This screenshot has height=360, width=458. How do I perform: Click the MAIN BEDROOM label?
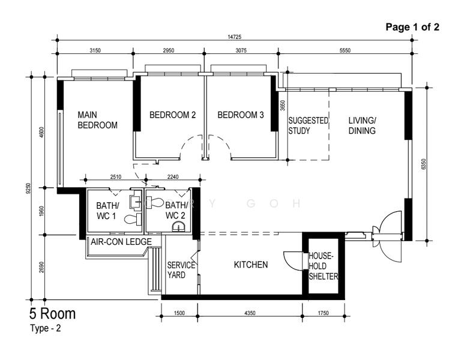[x=97, y=120]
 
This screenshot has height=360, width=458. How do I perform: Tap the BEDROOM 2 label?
[x=172, y=115]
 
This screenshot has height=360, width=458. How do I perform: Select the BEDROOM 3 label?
[x=240, y=115]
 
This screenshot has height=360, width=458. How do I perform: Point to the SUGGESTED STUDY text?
[x=308, y=125]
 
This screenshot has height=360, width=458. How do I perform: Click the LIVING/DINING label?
[x=362, y=125]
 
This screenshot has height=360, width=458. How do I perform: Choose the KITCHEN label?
[x=251, y=265]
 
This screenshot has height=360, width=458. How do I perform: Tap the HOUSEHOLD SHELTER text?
[x=324, y=266]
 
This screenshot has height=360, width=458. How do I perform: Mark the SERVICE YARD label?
[x=181, y=270]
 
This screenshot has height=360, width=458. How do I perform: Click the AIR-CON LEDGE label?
[x=121, y=242]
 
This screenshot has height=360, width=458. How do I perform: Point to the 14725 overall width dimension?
[x=235, y=37]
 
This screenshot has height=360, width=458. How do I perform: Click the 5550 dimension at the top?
[x=345, y=50]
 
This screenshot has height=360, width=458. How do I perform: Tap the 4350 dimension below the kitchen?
[x=250, y=313]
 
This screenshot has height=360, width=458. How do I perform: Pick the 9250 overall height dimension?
[x=28, y=188]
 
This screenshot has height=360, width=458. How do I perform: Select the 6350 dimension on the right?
[x=424, y=164]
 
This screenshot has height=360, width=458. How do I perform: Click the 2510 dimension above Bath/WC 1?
[x=116, y=176]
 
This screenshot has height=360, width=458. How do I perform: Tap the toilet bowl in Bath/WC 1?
[x=133, y=219]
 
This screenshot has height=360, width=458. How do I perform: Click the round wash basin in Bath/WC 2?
[x=178, y=227]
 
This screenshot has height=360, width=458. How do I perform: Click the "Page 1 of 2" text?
[x=412, y=27]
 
